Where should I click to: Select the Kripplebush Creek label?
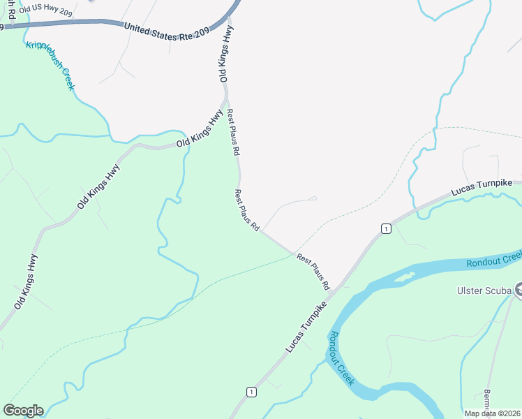point(50,66)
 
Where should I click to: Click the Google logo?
point(23,411)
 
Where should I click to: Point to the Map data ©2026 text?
point(491,413)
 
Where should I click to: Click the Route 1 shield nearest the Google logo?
point(251,392)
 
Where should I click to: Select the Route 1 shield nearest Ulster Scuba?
point(385,228)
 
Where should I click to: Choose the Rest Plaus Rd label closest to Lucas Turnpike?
point(313,272)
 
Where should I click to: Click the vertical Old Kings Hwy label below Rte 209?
point(224,55)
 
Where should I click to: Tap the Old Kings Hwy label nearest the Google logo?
point(27,282)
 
